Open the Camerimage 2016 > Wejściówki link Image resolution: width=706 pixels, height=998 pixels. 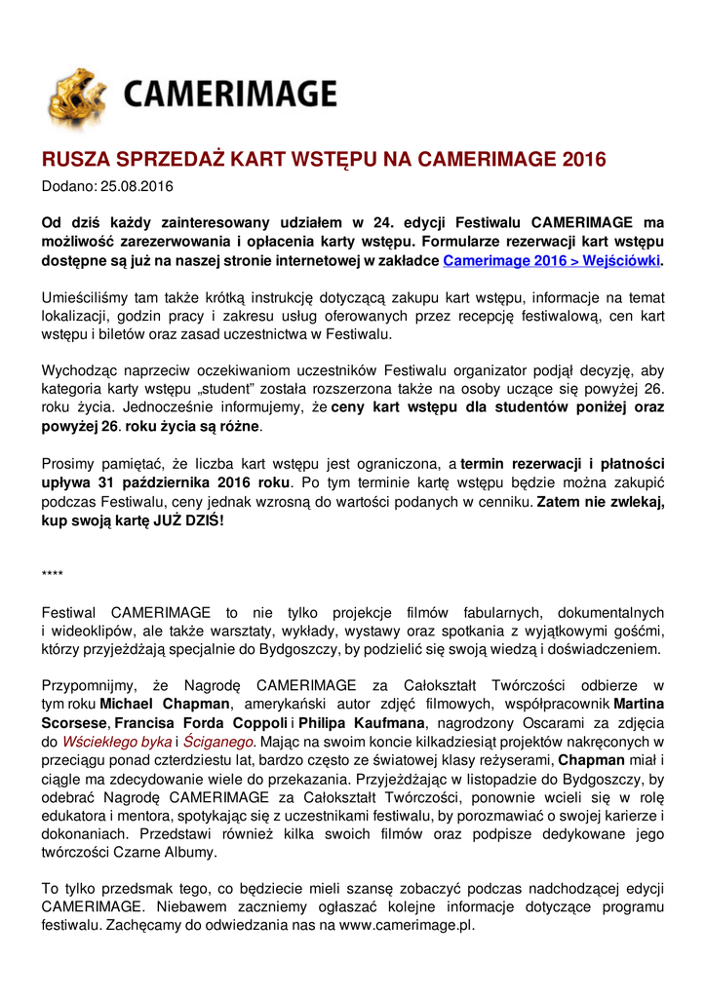pos(551,260)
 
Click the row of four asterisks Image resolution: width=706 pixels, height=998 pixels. pos(53,574)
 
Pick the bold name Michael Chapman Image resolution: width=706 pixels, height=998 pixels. pos(166,704)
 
